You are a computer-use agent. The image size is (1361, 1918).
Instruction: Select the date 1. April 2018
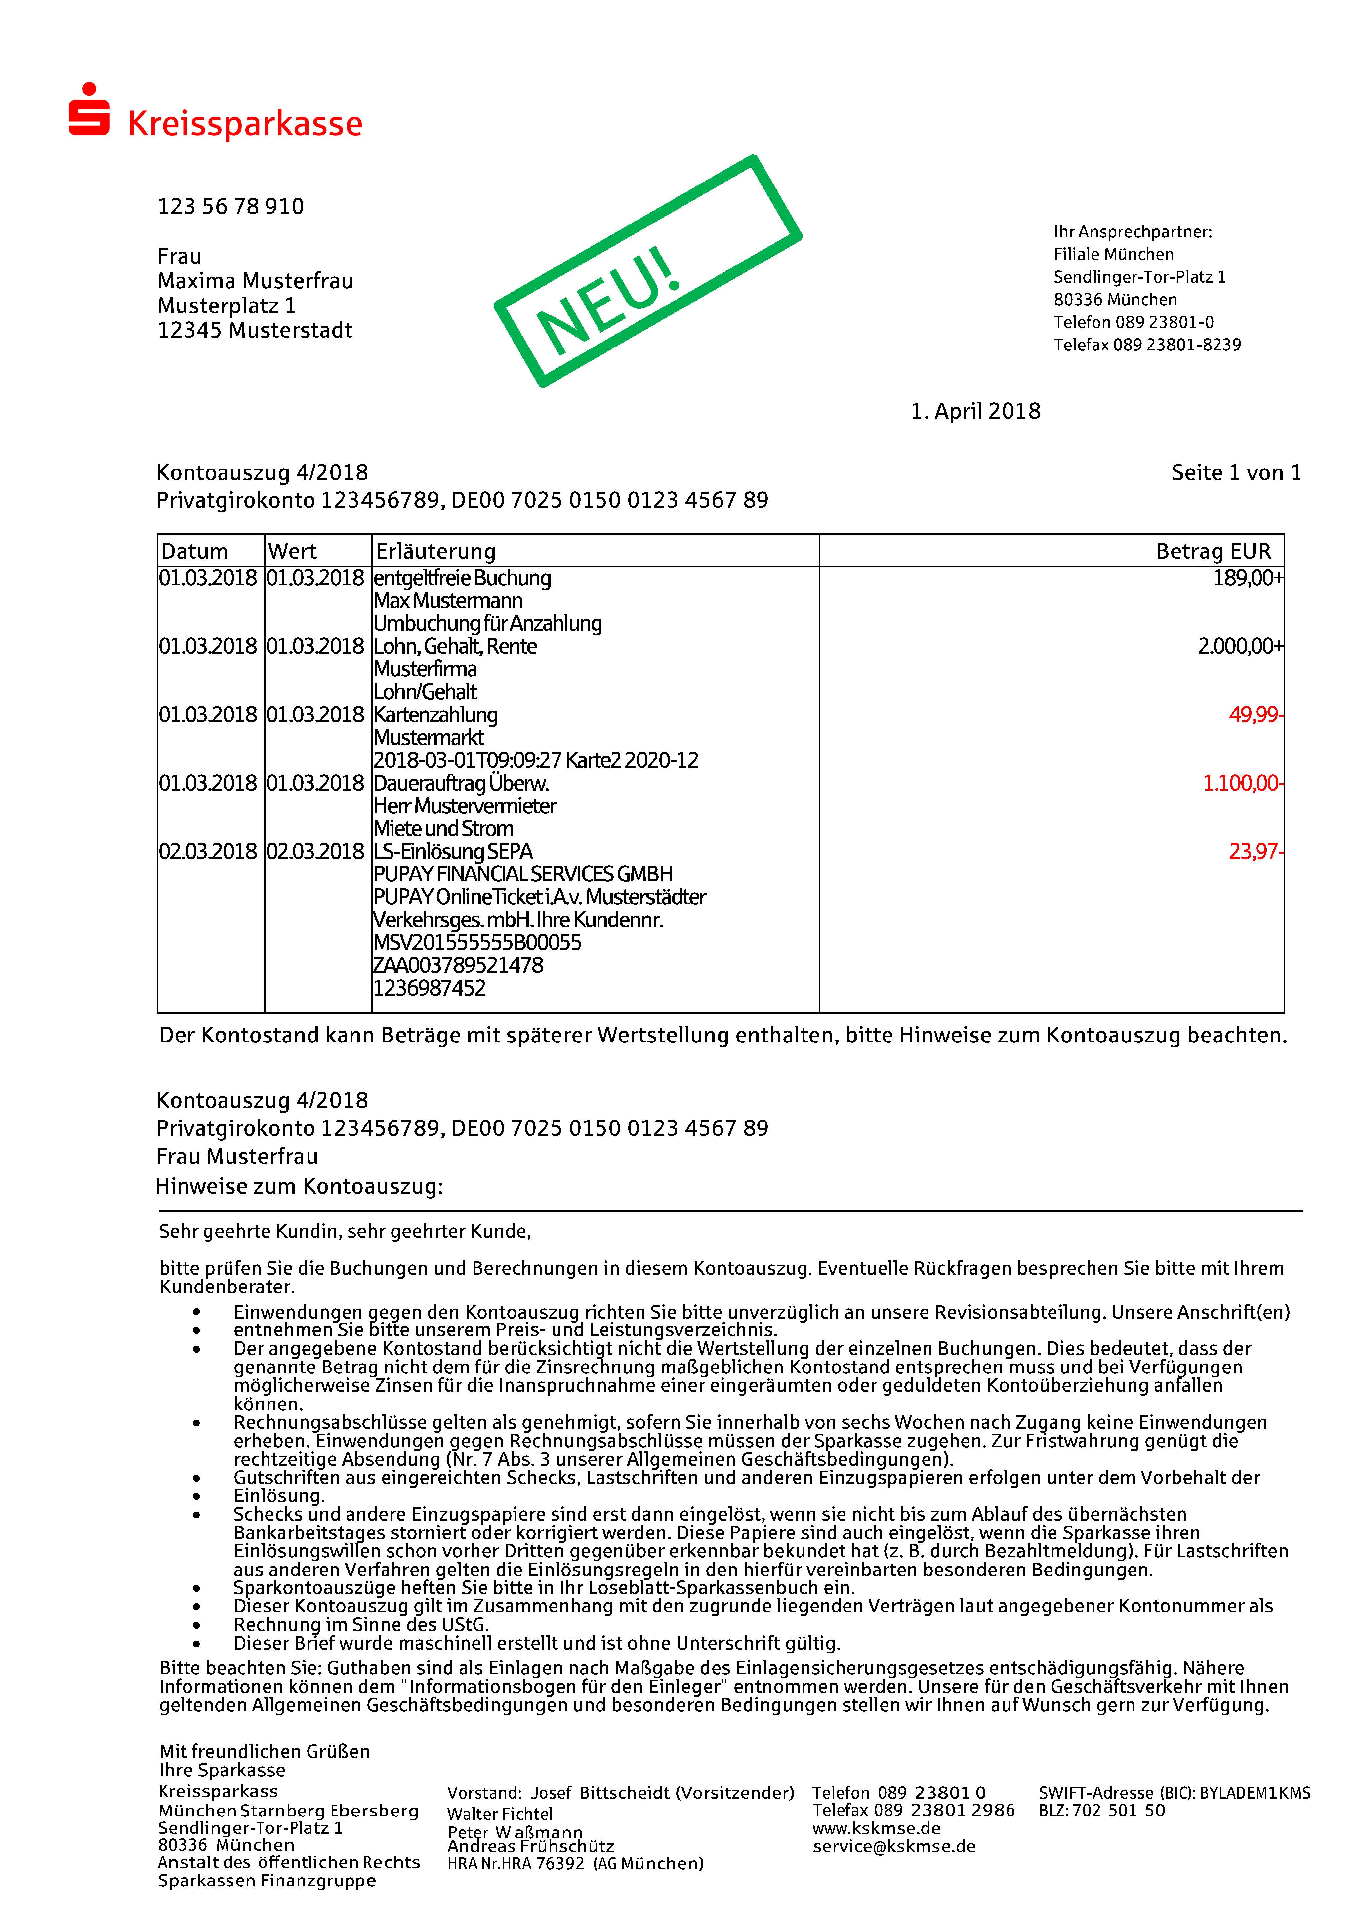point(975,411)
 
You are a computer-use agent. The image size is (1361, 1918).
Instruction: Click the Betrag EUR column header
point(1213,551)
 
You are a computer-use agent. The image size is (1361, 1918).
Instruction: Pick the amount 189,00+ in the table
point(1247,578)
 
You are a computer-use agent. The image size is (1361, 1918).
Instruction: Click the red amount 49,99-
point(1255,715)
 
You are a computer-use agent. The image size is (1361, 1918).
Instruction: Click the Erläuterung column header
point(436,551)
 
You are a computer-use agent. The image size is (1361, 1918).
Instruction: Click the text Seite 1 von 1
point(1235,473)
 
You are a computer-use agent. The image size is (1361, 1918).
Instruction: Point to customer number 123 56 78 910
point(230,206)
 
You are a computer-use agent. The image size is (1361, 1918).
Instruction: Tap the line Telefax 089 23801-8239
point(1146,345)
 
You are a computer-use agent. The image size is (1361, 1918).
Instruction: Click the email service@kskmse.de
point(893,1846)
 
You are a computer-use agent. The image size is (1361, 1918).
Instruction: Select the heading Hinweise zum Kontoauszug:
point(299,1187)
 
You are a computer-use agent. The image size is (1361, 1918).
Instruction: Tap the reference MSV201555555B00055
point(477,943)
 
